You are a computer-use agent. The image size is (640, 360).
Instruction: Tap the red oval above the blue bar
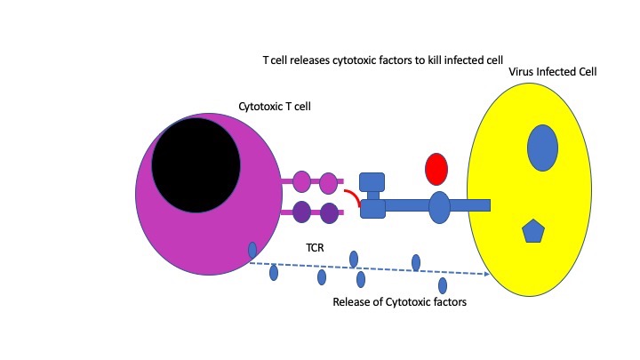pyautogui.click(x=436, y=168)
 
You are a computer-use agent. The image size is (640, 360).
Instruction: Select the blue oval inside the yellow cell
pyautogui.click(x=542, y=148)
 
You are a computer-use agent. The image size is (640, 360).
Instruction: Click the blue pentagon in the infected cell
pyautogui.click(x=532, y=232)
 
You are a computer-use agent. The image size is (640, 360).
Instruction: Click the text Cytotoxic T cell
pyautogui.click(x=280, y=107)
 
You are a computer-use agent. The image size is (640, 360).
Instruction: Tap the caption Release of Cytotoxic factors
pyautogui.click(x=399, y=302)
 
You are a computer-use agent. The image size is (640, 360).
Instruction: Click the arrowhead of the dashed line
pyautogui.click(x=487, y=275)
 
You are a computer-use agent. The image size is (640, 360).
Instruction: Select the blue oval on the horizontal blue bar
pyautogui.click(x=439, y=206)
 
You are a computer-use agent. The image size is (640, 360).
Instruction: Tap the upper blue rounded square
pyautogui.click(x=372, y=182)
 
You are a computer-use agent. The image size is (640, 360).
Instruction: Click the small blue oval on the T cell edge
pyautogui.click(x=252, y=251)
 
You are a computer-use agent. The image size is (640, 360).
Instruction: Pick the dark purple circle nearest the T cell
pyautogui.click(x=301, y=212)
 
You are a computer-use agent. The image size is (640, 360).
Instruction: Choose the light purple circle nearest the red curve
pyautogui.click(x=329, y=183)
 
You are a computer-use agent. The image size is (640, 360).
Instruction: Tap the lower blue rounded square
pyautogui.click(x=372, y=209)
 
